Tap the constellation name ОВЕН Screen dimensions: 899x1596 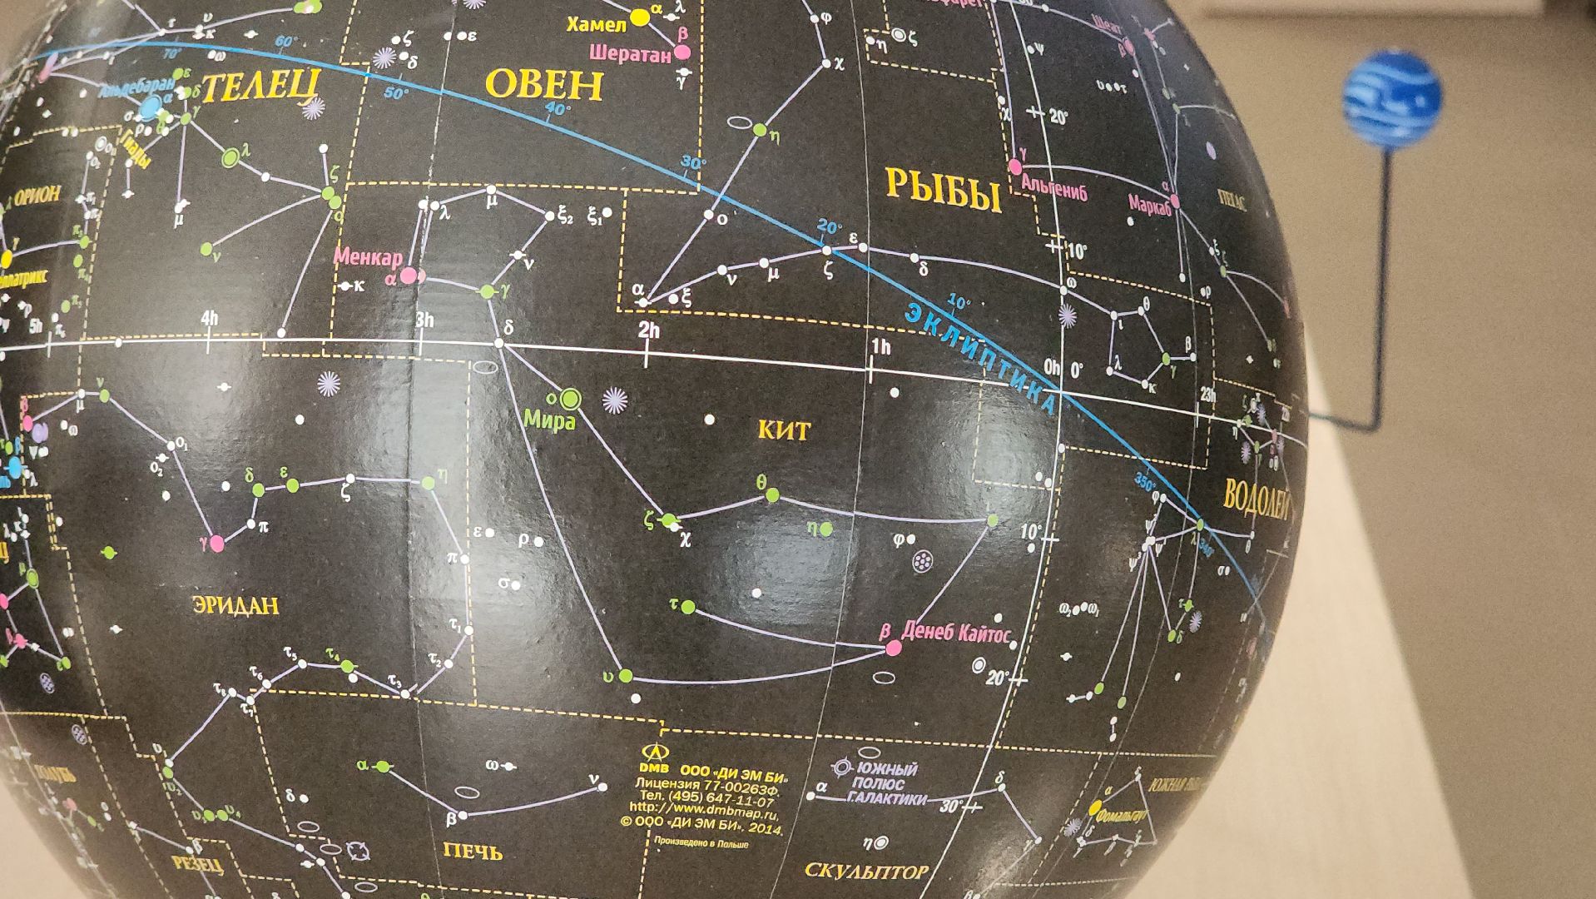pyautogui.click(x=544, y=85)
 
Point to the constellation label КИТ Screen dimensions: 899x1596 pyautogui.click(x=783, y=430)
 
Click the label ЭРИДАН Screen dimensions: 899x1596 pyautogui.click(x=235, y=604)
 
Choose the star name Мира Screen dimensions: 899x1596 pyautogui.click(x=549, y=421)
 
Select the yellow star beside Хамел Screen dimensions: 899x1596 pyautogui.click(x=639, y=17)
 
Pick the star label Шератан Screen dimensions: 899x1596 pyautogui.click(x=630, y=55)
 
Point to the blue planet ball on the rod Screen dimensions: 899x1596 pyautogui.click(x=1392, y=97)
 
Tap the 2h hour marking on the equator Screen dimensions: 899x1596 pyautogui.click(x=648, y=331)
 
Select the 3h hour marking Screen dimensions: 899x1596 pyautogui.click(x=424, y=320)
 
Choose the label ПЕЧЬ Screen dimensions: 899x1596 pyautogui.click(x=473, y=851)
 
